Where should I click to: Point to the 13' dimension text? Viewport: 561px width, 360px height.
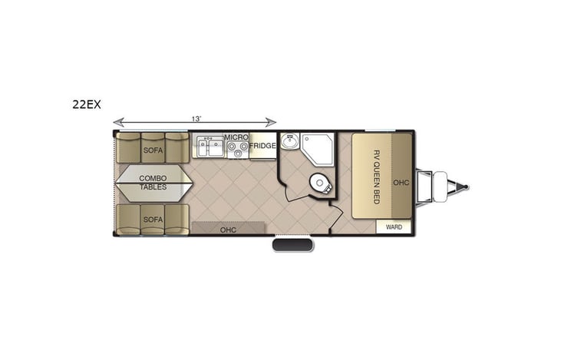pos(196,118)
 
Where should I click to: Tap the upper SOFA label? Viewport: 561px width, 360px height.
pos(153,150)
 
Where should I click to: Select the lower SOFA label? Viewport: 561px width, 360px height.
pos(153,220)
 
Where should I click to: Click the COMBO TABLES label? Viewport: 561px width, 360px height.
pos(153,183)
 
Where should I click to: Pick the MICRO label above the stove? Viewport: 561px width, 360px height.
pos(235,136)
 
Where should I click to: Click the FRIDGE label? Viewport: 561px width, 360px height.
pos(262,146)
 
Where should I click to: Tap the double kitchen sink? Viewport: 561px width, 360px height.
pos(208,146)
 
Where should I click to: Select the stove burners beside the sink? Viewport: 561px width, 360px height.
pos(237,147)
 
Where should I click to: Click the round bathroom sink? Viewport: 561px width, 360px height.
pos(291,143)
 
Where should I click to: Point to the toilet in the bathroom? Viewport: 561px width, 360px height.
pos(318,183)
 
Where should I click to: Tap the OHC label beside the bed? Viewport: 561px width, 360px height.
pos(401,183)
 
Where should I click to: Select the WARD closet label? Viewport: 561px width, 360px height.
pos(394,227)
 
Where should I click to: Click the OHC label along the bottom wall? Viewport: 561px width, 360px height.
pos(228,229)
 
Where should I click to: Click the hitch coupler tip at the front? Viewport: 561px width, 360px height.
pos(465,185)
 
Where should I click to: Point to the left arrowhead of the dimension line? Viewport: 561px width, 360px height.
pos(117,121)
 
